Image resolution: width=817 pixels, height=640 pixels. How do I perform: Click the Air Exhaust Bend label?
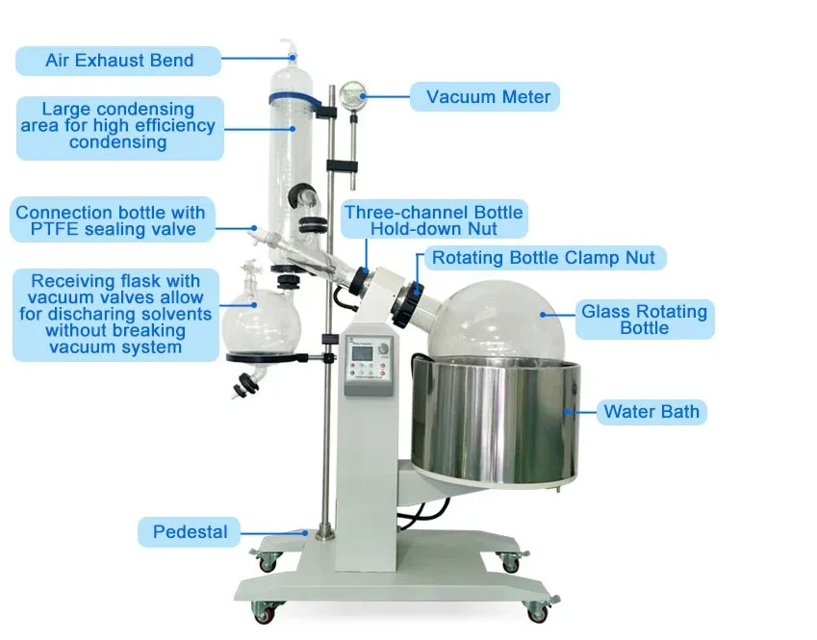click(x=119, y=61)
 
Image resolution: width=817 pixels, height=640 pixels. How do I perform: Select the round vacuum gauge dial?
click(x=352, y=94)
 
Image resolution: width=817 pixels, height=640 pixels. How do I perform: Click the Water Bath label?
click(x=651, y=412)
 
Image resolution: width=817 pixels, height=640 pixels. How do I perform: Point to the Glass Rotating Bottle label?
click(x=644, y=319)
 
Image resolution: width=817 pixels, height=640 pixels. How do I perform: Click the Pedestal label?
click(x=190, y=531)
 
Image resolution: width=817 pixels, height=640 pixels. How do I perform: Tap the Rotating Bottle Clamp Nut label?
click(x=543, y=258)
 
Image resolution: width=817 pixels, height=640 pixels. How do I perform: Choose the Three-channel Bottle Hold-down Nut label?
click(x=434, y=220)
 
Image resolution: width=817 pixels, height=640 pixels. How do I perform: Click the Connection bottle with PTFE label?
click(x=111, y=220)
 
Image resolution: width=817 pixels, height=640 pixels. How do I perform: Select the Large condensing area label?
click(x=118, y=126)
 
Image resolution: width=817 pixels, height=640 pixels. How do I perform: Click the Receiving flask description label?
click(x=115, y=314)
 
